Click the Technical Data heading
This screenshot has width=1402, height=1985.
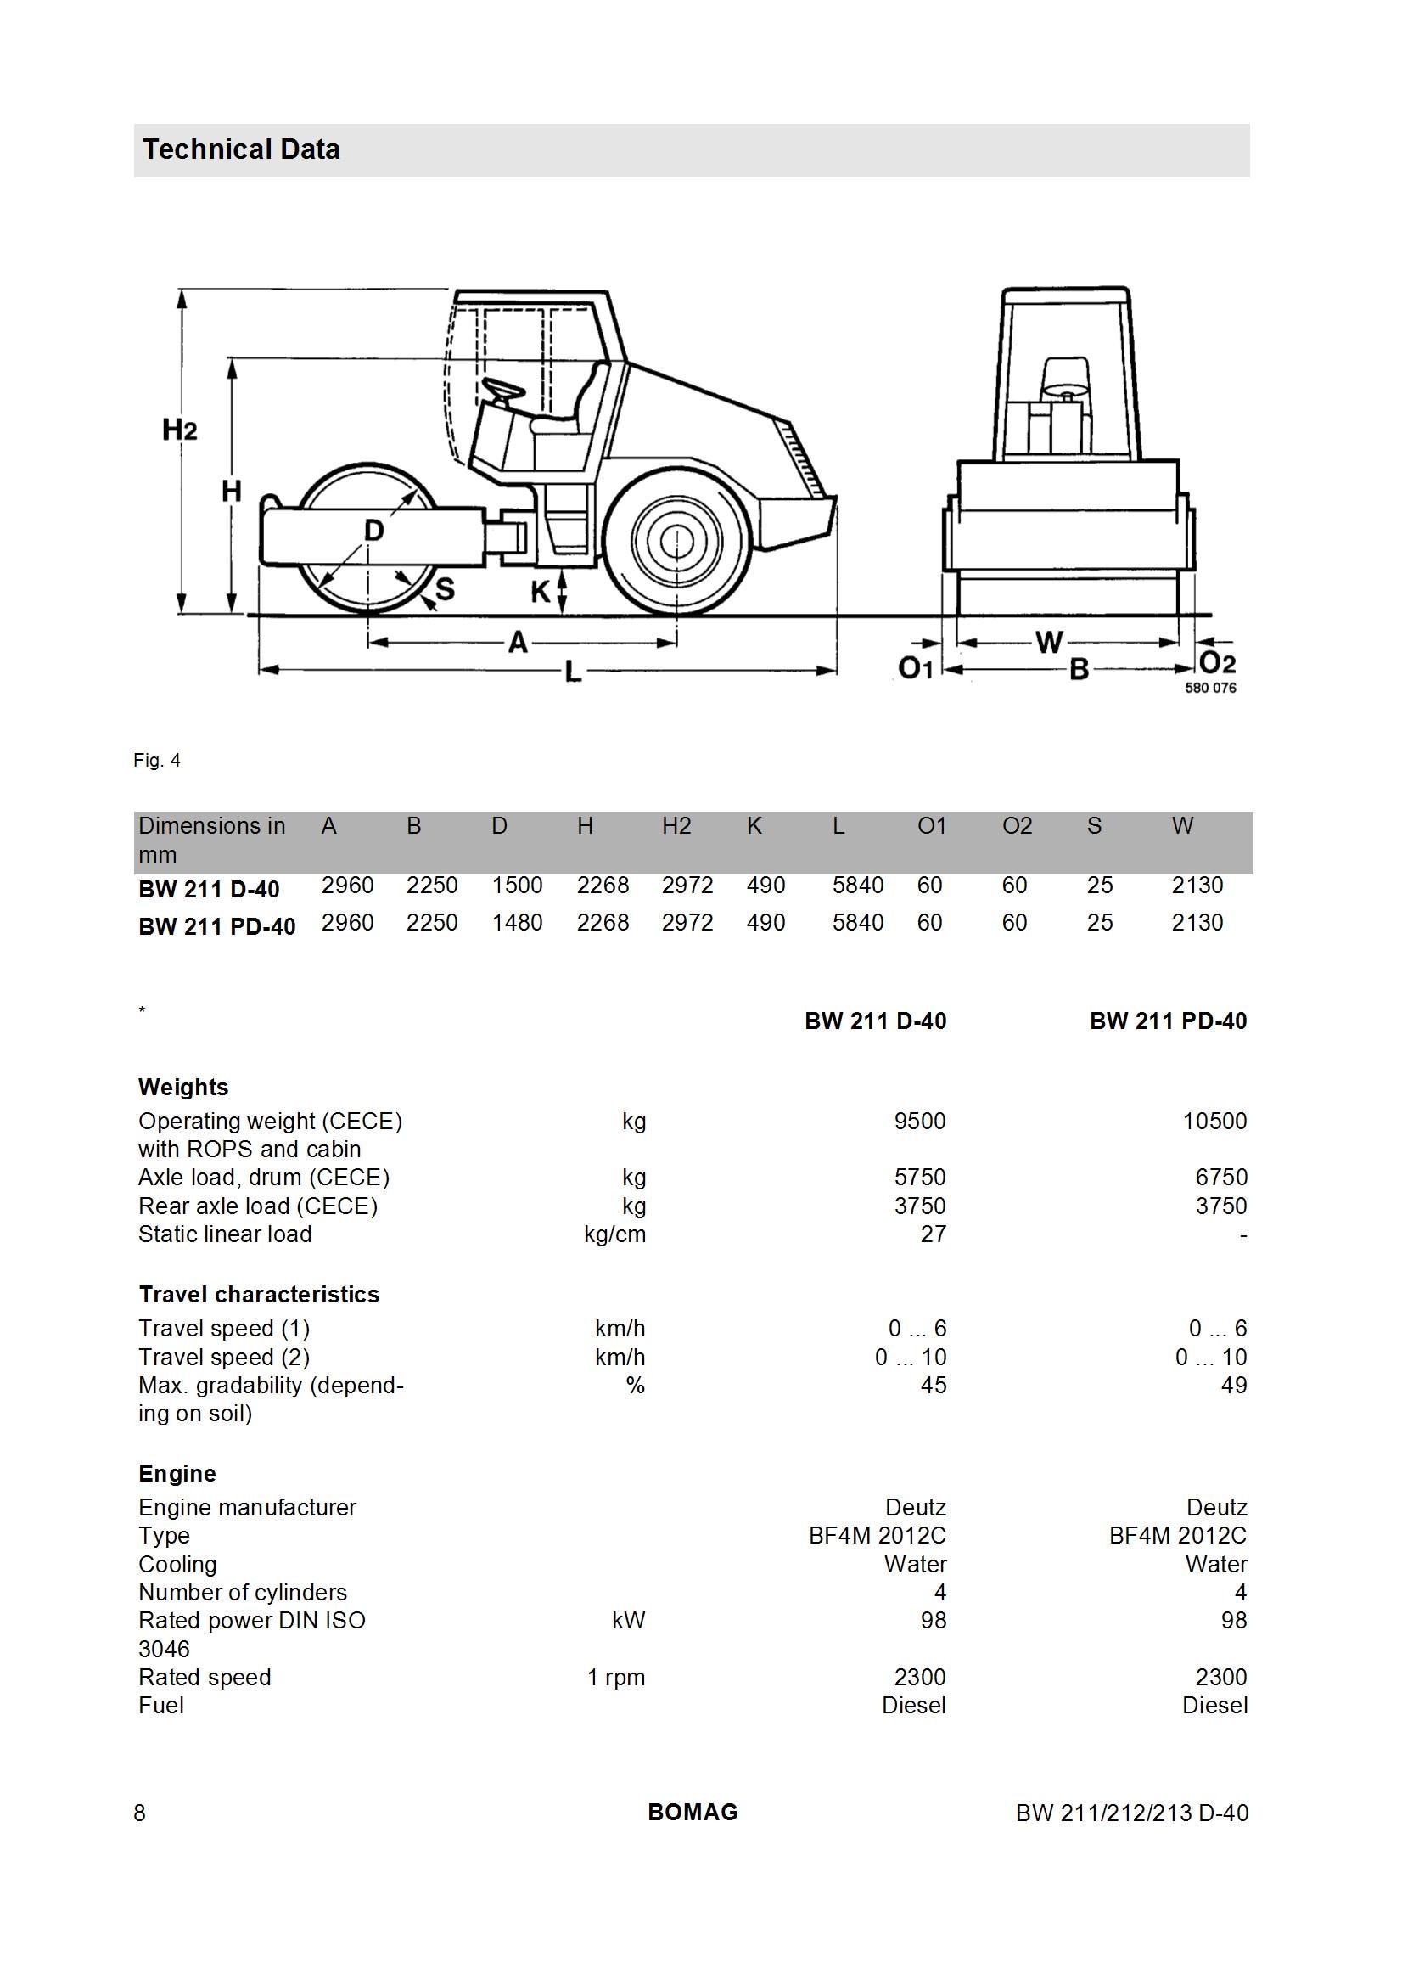241,149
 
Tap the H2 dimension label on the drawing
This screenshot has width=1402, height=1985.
180,430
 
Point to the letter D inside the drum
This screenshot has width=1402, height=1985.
373,530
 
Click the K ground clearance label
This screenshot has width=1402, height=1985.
541,593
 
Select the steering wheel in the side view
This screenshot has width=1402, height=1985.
503,391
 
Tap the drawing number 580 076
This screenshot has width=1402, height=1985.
1210,688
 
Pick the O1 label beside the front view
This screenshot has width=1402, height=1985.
917,668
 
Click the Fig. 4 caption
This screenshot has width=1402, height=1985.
156,761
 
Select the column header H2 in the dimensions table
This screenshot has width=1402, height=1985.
676,826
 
